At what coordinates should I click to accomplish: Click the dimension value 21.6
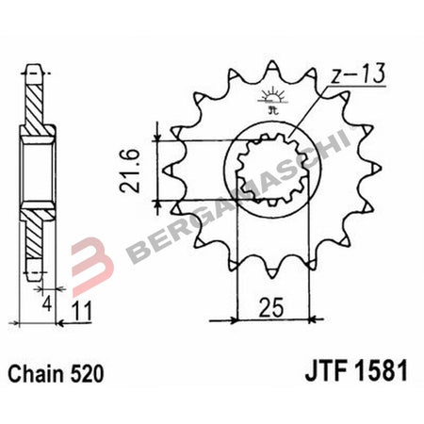coord(136,171)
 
